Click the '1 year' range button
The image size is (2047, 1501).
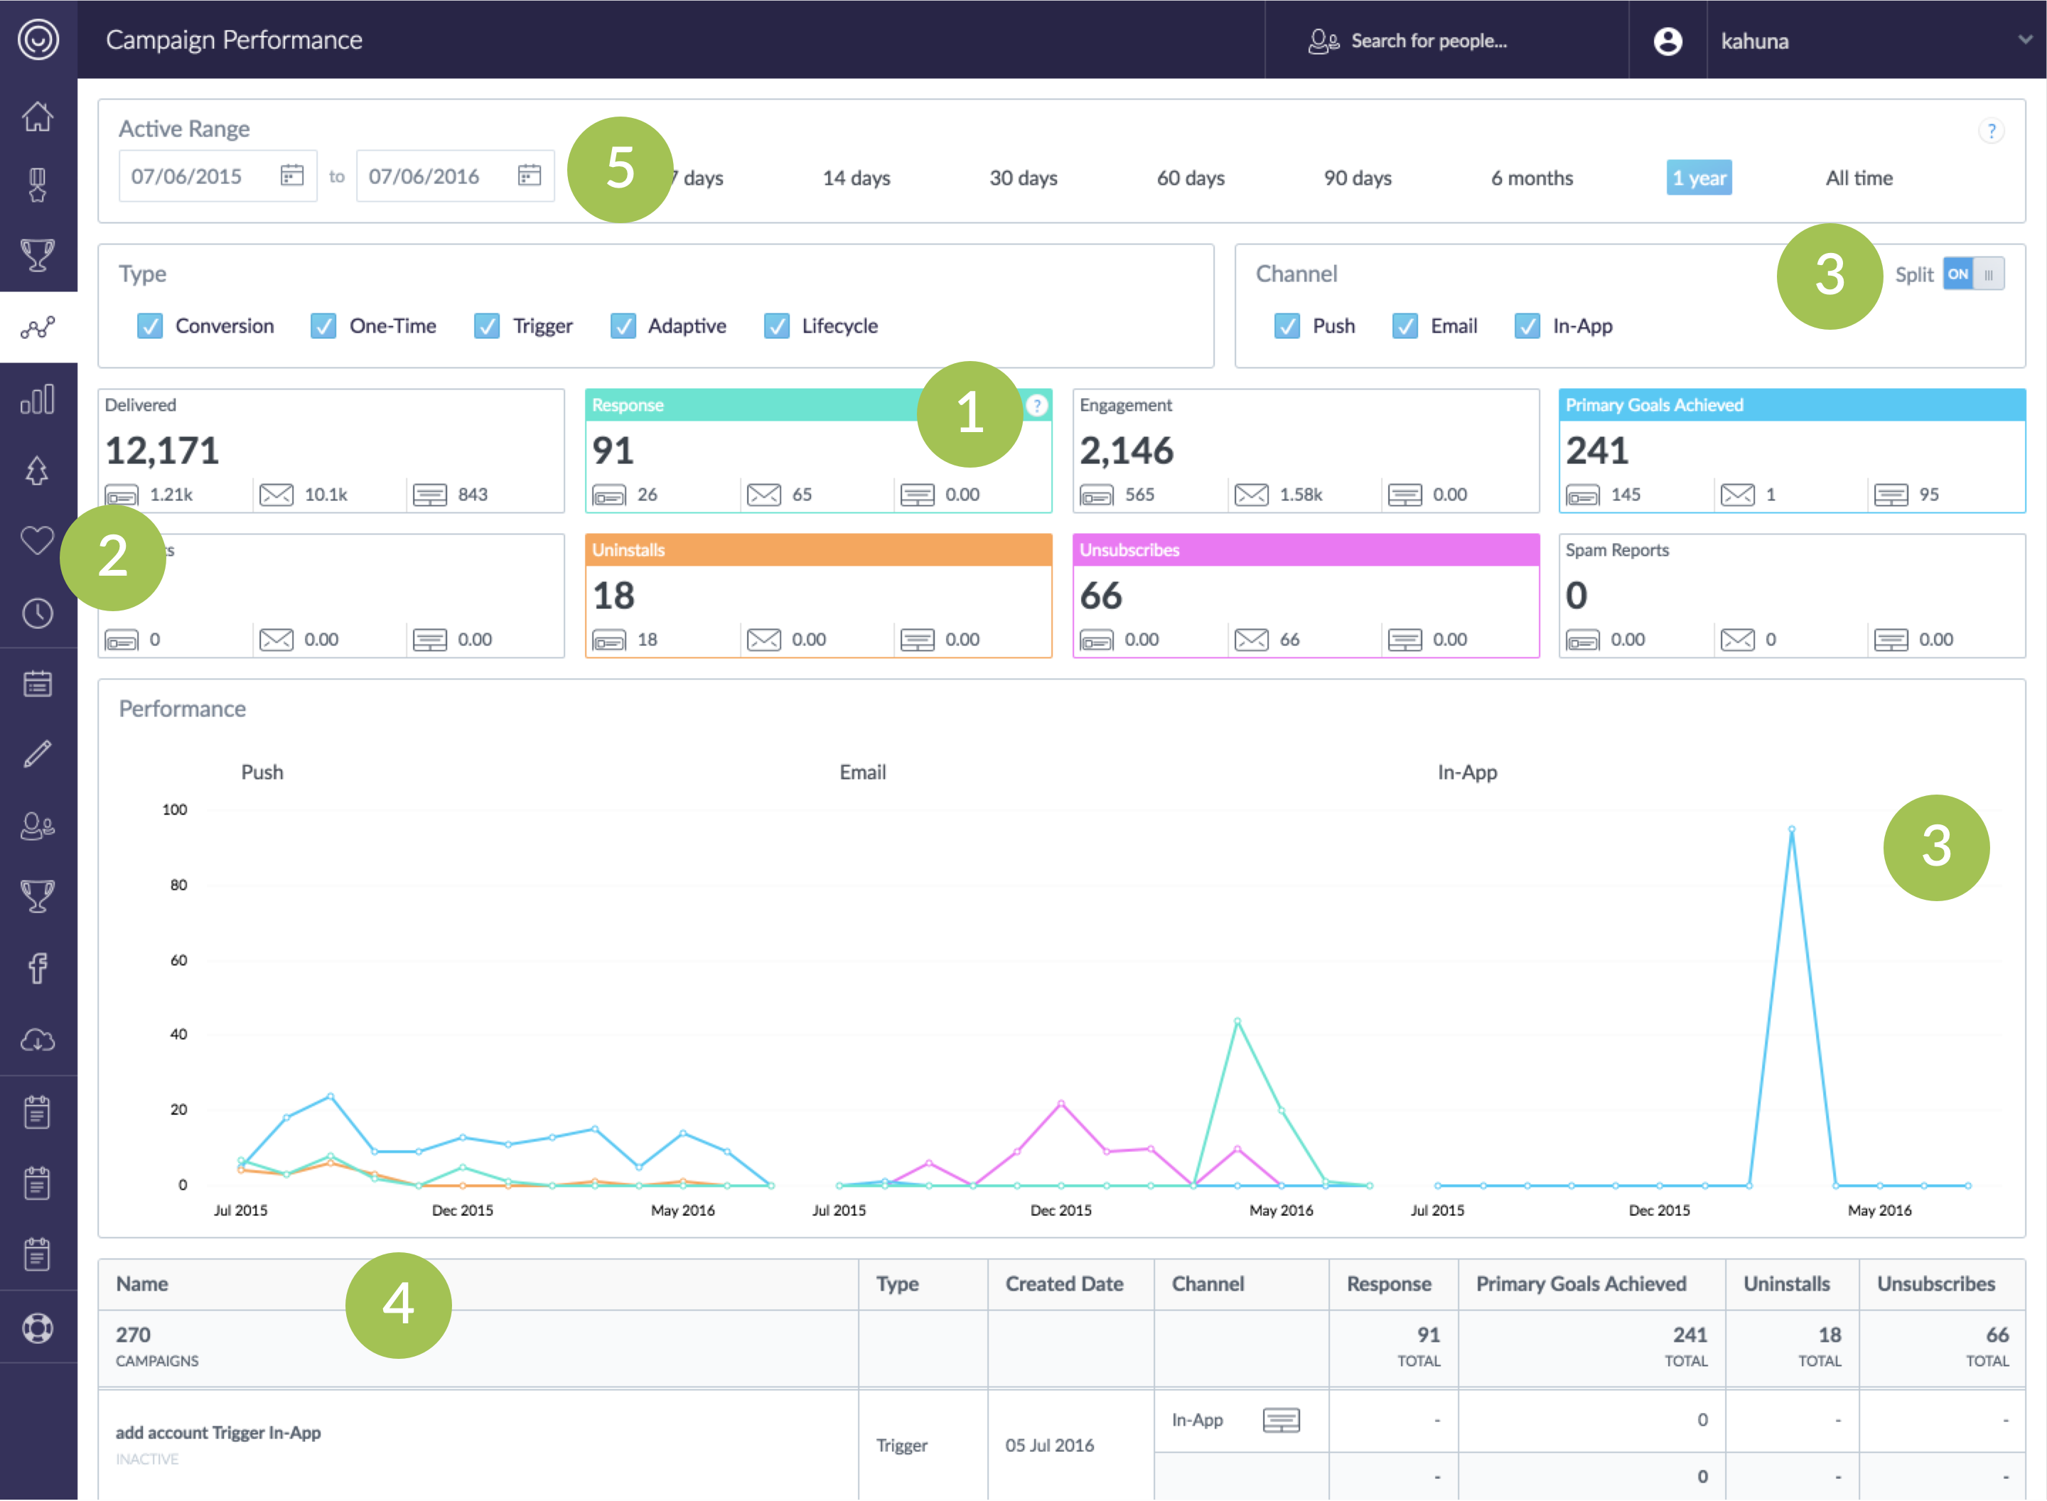click(1698, 178)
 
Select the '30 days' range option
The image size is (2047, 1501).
click(1023, 178)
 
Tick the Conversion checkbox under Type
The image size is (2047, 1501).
click(150, 326)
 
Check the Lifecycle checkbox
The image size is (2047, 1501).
click(776, 326)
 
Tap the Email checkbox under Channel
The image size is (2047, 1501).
click(1404, 326)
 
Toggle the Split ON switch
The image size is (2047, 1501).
click(1973, 274)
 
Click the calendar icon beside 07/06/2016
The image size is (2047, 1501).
click(529, 176)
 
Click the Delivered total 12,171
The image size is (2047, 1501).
click(163, 451)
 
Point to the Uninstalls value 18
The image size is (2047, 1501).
click(613, 596)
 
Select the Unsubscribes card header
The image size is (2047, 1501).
click(1305, 549)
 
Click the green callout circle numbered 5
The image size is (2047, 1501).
click(620, 169)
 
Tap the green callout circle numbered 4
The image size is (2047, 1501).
click(398, 1305)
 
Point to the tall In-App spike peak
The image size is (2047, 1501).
click(1791, 829)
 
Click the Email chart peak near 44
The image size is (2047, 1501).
click(1237, 1021)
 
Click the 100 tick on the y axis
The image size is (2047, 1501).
click(174, 809)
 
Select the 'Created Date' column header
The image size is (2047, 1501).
click(1064, 1284)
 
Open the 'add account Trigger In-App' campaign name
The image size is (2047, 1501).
click(218, 1432)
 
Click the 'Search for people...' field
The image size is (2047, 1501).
click(1428, 41)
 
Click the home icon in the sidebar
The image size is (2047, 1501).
click(37, 117)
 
